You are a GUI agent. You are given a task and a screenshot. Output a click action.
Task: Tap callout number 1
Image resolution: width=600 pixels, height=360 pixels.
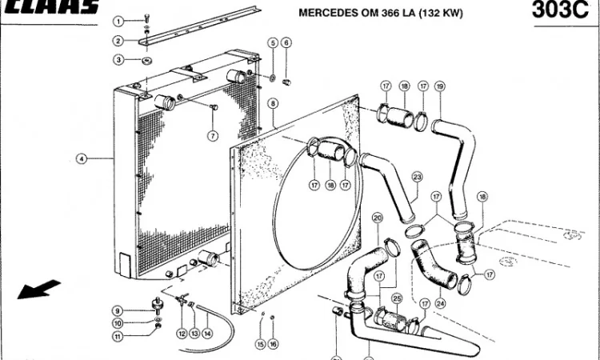click(x=118, y=22)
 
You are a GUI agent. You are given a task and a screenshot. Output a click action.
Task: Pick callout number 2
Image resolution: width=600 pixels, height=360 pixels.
click(x=118, y=41)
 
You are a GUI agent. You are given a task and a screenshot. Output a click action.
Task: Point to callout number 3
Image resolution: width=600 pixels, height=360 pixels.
click(x=118, y=59)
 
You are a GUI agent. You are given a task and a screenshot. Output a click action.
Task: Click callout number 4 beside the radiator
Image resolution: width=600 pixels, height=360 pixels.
click(x=81, y=158)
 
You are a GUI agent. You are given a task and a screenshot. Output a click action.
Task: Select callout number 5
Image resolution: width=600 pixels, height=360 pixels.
click(x=273, y=42)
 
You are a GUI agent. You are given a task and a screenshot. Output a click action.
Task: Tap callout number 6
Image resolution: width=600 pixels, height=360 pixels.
click(x=286, y=42)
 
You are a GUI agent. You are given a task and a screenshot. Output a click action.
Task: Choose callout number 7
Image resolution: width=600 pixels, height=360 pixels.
click(x=214, y=136)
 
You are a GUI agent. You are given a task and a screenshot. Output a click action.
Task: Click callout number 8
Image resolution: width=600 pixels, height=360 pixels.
click(x=273, y=103)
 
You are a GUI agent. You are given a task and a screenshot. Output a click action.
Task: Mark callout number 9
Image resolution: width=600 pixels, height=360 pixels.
click(x=117, y=310)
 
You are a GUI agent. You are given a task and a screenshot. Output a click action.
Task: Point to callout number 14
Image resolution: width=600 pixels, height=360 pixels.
click(x=207, y=334)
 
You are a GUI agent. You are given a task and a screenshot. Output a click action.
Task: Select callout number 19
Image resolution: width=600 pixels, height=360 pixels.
click(x=439, y=86)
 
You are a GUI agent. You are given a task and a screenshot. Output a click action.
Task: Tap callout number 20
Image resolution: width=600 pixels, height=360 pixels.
click(x=378, y=217)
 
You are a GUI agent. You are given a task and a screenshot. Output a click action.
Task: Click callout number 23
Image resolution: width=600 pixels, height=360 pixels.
click(x=417, y=177)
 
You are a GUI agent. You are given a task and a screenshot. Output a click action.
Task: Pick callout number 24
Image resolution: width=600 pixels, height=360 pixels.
click(x=439, y=304)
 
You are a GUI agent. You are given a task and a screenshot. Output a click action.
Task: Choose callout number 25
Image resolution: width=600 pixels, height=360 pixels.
click(x=397, y=299)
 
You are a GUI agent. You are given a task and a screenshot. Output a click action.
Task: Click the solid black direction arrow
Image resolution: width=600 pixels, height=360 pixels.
click(x=38, y=288)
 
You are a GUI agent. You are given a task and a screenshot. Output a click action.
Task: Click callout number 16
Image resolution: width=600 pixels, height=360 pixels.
click(x=273, y=344)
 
